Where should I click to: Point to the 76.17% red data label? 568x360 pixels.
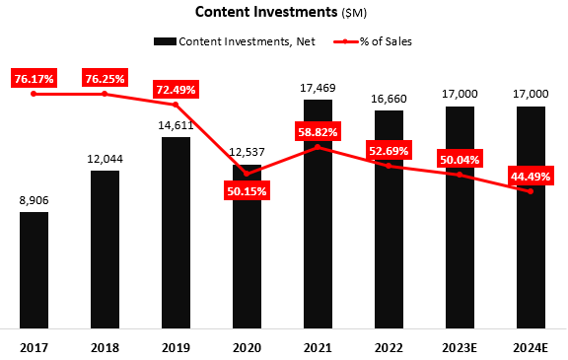coord(34,77)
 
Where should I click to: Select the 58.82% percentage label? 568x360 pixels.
coord(318,131)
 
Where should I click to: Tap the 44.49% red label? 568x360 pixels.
coord(531,176)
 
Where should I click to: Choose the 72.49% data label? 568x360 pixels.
coord(176,90)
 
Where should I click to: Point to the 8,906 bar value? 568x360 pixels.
coord(34,200)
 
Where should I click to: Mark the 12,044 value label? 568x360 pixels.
coord(105,160)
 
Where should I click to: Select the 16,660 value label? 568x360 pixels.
coord(389,99)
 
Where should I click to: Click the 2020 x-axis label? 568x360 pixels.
coord(247,346)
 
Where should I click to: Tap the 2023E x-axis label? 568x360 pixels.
coord(460,346)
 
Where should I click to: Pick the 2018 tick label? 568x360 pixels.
coord(105,346)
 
